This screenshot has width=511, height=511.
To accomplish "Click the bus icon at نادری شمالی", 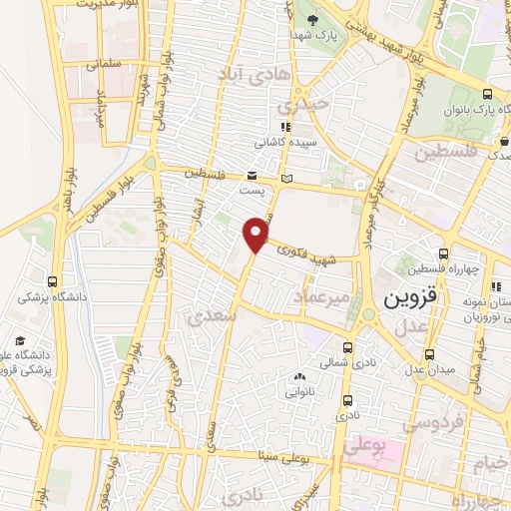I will [x=347, y=348].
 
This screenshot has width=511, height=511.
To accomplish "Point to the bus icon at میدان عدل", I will [x=429, y=354].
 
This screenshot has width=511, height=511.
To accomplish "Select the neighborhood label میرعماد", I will [x=320, y=297].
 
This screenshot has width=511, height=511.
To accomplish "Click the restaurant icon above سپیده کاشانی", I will [x=284, y=127].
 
